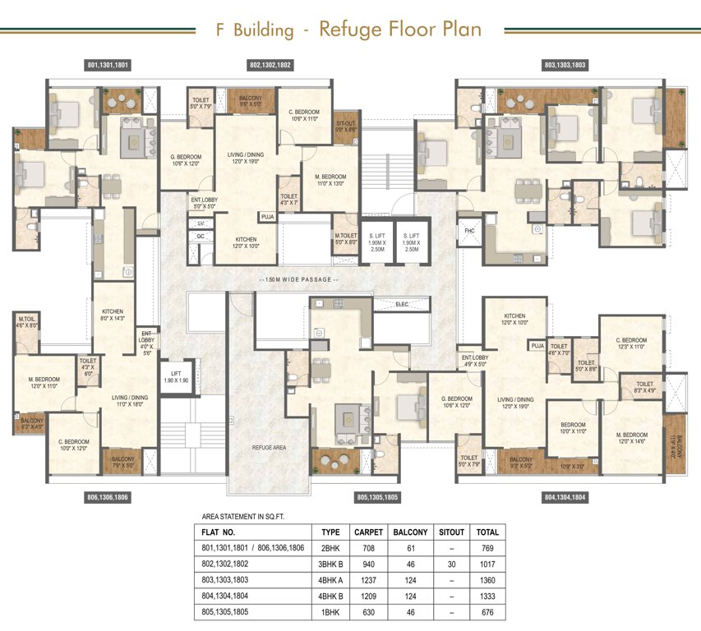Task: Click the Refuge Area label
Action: (x=269, y=447)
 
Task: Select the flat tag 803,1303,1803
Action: (x=565, y=64)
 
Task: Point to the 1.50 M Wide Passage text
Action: (x=298, y=280)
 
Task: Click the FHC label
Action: (x=470, y=231)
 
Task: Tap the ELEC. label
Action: (x=402, y=304)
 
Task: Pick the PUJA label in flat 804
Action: (x=537, y=347)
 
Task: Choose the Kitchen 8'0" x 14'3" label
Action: (x=113, y=315)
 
